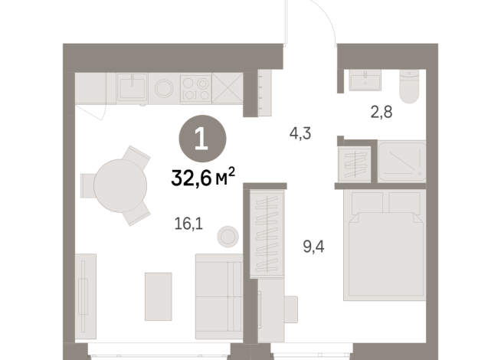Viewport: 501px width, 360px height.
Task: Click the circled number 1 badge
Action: click(202, 139)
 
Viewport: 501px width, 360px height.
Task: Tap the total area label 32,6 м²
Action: click(203, 177)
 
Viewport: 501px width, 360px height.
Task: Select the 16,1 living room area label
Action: click(188, 224)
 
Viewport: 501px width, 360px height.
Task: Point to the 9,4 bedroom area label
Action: click(313, 247)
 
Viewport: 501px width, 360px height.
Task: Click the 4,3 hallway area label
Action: click(300, 133)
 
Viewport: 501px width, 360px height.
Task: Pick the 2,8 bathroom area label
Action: click(381, 112)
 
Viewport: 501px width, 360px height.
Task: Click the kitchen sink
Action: click(132, 87)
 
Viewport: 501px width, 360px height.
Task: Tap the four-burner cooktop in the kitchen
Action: click(195, 89)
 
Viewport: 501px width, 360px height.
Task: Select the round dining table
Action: click(120, 185)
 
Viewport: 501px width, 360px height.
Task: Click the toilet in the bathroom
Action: click(409, 87)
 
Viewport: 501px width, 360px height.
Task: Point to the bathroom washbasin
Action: click(365, 80)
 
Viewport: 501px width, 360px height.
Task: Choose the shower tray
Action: click(402, 162)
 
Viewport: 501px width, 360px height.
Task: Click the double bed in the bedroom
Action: click(385, 245)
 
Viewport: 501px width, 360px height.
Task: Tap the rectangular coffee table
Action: click(158, 296)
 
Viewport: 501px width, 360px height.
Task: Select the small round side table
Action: click(228, 237)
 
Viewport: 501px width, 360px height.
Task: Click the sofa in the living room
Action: click(219, 296)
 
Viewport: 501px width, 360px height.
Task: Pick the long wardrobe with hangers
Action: click(267, 234)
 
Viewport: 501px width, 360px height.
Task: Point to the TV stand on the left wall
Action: click(86, 296)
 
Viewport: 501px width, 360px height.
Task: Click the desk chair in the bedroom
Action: click(291, 309)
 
